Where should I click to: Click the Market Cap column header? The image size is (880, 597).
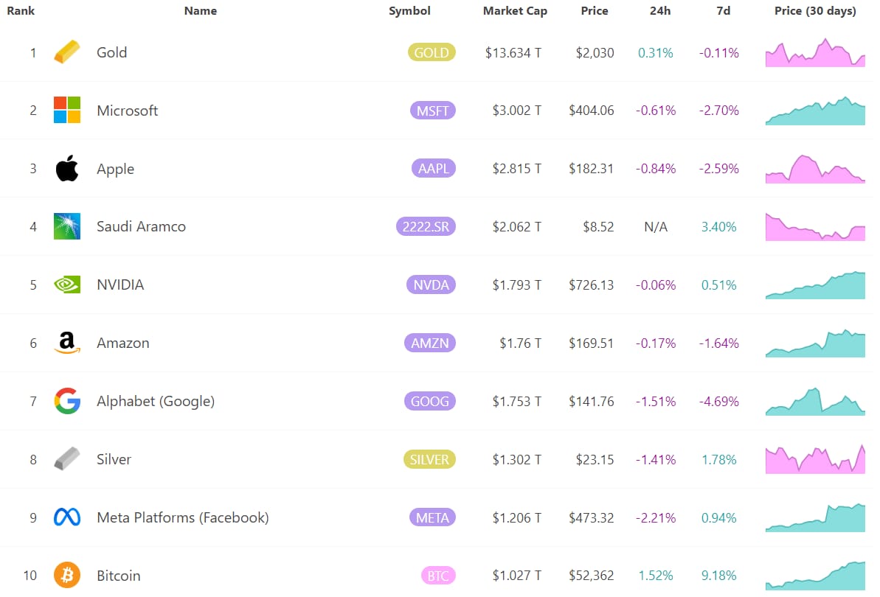[x=515, y=10]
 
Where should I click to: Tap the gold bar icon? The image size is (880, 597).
[x=67, y=52]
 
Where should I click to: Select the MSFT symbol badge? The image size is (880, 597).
[x=433, y=111]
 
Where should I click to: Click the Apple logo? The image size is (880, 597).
[x=67, y=168]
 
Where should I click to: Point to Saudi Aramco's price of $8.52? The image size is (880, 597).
[x=598, y=226]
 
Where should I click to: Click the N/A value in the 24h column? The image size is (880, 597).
[x=656, y=226]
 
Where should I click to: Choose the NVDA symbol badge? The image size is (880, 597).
[x=431, y=284]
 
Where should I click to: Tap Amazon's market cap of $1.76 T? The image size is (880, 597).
[x=520, y=343]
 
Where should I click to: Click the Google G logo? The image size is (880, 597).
[x=67, y=401]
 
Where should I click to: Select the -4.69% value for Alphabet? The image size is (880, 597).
[x=719, y=402]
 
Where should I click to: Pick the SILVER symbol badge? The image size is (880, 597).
[x=429, y=460]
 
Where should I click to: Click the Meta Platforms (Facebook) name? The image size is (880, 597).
[x=183, y=517]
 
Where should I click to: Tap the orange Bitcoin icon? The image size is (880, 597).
[x=67, y=575]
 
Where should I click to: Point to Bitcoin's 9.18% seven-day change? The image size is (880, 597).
[x=719, y=576]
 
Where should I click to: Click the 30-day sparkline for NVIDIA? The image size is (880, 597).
[x=815, y=284]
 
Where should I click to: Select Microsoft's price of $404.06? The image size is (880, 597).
[x=592, y=111]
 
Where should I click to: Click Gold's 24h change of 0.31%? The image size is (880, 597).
[x=656, y=52]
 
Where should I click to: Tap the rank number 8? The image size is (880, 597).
[x=33, y=460]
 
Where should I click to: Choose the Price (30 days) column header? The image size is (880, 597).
[x=815, y=10]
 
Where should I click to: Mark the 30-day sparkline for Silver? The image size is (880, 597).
[x=815, y=459]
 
